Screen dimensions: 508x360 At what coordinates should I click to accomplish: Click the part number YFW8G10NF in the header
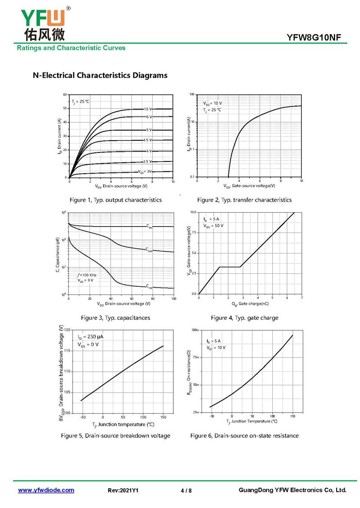(317, 38)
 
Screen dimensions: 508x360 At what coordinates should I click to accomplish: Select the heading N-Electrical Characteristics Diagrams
(100, 75)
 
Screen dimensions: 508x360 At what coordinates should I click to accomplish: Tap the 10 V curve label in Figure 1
(148, 109)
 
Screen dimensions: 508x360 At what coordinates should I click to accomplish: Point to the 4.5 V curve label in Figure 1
(147, 140)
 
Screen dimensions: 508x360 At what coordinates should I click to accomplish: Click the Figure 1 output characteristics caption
(115, 200)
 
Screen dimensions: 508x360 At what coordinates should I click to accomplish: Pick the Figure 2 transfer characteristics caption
(244, 200)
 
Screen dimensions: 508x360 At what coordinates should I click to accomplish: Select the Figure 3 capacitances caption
(115, 318)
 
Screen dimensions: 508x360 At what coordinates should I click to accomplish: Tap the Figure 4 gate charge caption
(244, 318)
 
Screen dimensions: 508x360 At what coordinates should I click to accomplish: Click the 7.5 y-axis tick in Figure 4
(193, 232)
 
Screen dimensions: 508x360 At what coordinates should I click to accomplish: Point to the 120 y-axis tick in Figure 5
(67, 330)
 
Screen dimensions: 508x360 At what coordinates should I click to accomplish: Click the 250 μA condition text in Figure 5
(91, 336)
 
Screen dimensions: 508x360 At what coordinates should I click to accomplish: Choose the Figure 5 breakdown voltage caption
(116, 436)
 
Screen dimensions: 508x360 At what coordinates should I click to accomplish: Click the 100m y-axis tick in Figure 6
(195, 330)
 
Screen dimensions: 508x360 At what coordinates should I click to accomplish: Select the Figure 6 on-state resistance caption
(244, 436)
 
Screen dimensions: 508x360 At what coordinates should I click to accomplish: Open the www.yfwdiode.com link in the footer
(46, 490)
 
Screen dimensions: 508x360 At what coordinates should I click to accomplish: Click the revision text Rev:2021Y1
(123, 490)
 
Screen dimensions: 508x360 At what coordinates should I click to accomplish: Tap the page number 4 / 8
(186, 490)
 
